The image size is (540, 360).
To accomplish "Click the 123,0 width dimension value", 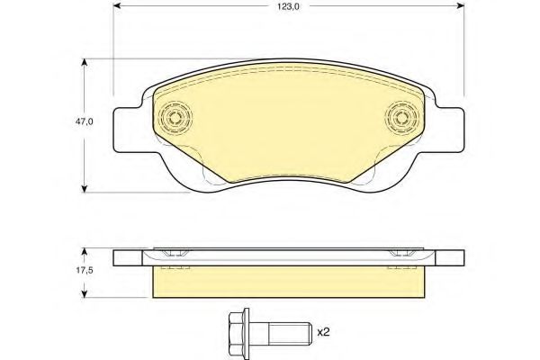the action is tap(289, 7).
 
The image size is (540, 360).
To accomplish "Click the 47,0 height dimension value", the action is tap(85, 121).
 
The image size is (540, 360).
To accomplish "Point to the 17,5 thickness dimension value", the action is tap(85, 270).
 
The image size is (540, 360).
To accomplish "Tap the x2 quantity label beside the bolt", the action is tap(323, 332).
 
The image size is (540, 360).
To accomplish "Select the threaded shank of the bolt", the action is tap(290, 334).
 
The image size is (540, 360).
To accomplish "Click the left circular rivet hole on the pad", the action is tap(175, 118).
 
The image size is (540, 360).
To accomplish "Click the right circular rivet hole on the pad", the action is tap(401, 118).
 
